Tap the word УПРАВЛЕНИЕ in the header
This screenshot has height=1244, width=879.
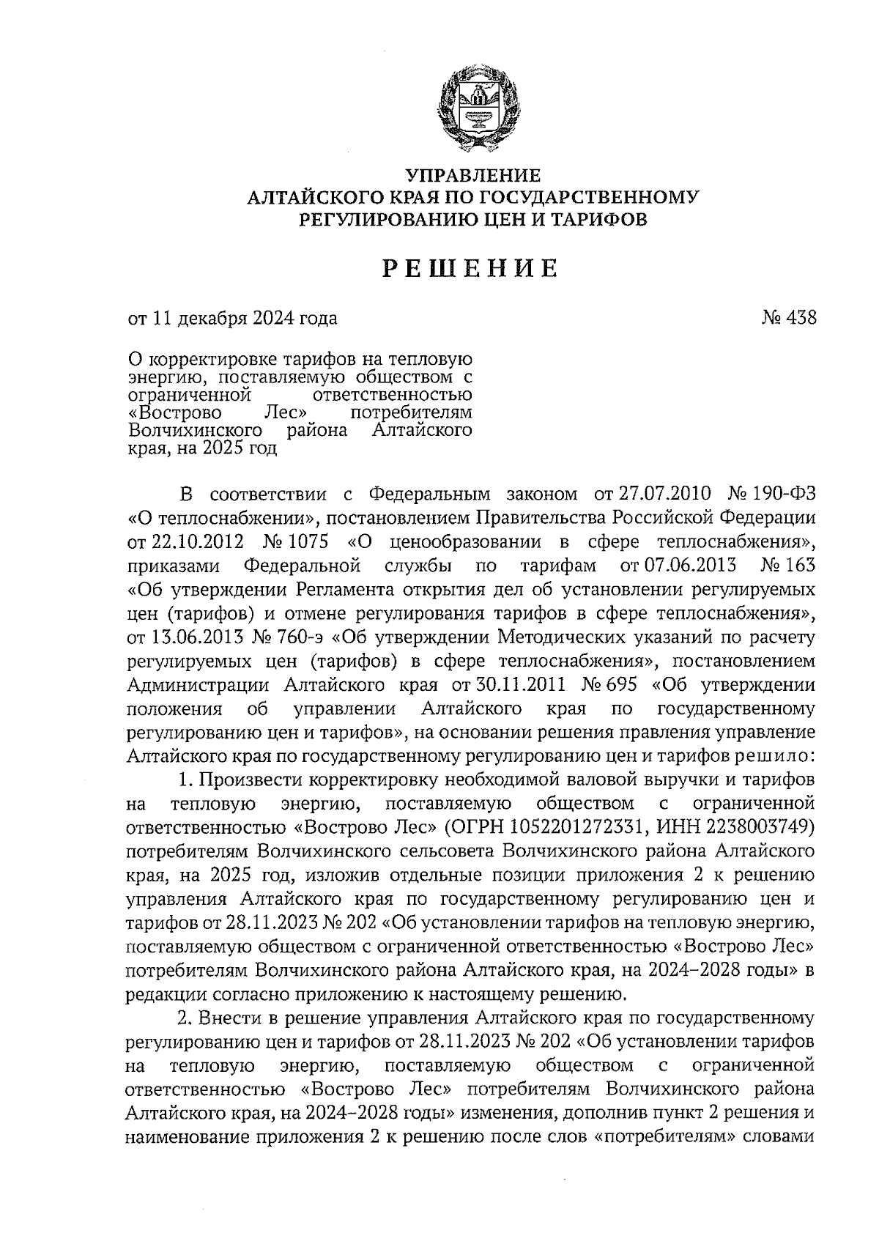473,176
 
